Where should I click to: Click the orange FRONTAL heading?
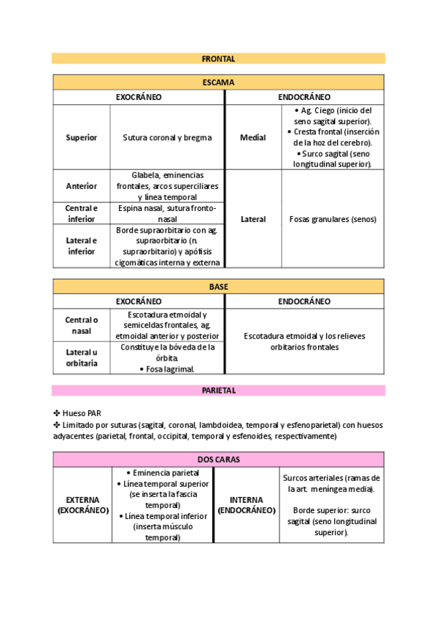click(218, 58)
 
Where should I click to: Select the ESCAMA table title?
click(218, 82)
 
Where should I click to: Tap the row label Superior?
click(81, 137)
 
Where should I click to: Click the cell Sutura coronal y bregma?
click(167, 137)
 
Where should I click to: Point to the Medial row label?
click(252, 137)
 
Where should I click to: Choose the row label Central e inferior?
click(81, 213)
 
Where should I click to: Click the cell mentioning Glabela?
click(167, 186)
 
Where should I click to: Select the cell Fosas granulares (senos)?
click(332, 219)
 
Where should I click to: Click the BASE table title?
click(218, 287)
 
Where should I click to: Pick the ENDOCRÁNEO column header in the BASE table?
click(304, 301)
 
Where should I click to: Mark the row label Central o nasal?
click(81, 325)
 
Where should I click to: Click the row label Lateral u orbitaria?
click(81, 358)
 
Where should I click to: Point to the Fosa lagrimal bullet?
click(167, 369)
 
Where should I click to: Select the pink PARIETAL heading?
click(218, 391)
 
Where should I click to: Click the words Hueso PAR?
click(82, 412)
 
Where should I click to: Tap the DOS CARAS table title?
click(218, 459)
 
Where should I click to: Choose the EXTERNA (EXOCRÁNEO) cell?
click(82, 504)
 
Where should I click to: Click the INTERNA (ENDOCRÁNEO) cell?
click(247, 504)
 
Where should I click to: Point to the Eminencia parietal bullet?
click(162, 473)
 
